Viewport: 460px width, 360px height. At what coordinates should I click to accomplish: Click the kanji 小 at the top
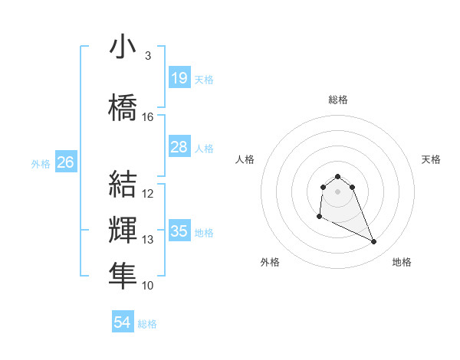coord(123,47)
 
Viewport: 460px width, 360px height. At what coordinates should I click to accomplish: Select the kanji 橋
coord(123,105)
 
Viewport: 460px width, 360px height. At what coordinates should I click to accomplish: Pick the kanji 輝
coord(123,229)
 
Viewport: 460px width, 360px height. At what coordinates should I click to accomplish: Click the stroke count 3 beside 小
coord(147,56)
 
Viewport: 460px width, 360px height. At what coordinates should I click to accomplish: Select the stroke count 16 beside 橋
coord(148,117)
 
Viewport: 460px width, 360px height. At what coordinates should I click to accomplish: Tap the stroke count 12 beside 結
coord(148,194)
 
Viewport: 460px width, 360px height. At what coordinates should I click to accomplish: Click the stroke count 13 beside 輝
coord(148,240)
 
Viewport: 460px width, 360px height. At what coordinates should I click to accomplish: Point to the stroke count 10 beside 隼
coord(148,286)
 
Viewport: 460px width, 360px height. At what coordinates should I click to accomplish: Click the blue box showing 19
coord(179,77)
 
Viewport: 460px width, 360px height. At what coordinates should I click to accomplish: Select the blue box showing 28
coord(179,147)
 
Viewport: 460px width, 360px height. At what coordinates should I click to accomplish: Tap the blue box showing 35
coord(179,231)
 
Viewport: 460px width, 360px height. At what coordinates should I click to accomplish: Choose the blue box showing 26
coord(65,162)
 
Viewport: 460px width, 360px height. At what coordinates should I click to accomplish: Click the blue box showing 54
coord(123,322)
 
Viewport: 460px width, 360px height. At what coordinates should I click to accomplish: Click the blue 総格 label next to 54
coord(147,324)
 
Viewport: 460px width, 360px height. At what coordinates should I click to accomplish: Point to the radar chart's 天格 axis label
coord(432,159)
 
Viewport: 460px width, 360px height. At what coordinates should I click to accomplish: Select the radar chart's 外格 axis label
coord(270,262)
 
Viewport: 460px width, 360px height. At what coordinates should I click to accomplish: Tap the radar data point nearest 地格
coord(374,242)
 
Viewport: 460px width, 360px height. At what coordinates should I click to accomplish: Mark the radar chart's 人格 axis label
coord(245,159)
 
